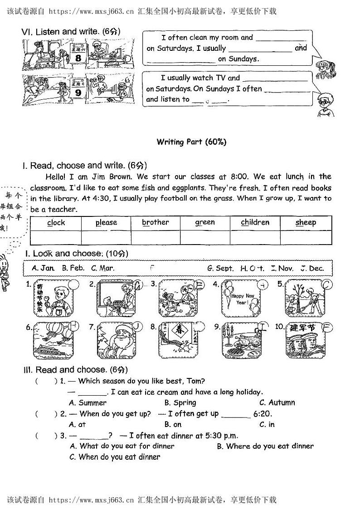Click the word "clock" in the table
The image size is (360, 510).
(56, 223)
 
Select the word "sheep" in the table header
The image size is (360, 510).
(306, 223)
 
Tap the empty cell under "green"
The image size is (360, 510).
(205, 237)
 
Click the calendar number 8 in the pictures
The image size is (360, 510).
(78, 58)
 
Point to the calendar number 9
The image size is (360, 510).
(78, 93)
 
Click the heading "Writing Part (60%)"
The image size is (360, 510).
(191, 142)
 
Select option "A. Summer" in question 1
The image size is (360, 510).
(88, 403)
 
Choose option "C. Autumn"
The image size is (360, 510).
(277, 403)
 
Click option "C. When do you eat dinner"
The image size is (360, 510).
(114, 457)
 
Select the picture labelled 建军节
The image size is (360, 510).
(305, 340)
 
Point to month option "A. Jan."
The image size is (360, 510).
(44, 268)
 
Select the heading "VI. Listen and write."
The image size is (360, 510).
(60, 32)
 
